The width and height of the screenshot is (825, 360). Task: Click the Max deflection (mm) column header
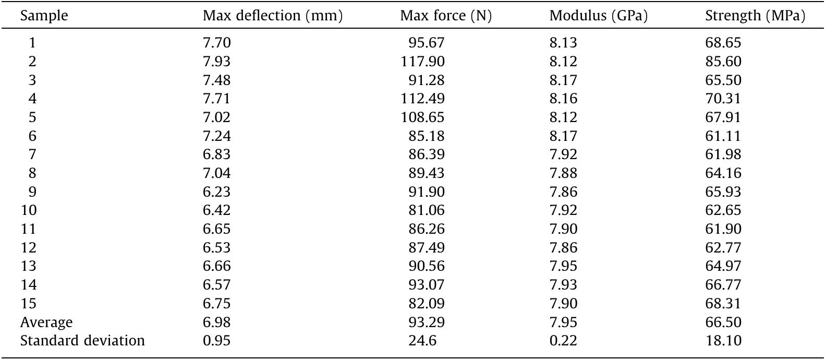[272, 16]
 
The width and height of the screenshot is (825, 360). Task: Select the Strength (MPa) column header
[755, 16]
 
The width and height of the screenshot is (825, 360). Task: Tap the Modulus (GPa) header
[598, 16]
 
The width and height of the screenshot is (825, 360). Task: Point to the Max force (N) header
[446, 16]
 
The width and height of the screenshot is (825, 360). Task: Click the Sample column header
[44, 16]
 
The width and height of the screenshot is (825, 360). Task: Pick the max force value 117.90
[422, 62]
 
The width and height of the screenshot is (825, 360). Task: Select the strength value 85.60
[723, 62]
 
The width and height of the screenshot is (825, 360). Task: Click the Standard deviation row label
[82, 341]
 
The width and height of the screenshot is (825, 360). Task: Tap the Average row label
[46, 322]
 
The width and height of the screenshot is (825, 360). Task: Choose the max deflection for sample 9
[216, 192]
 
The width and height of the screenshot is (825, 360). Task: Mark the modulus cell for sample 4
[563, 99]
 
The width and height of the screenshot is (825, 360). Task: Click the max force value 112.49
[422, 99]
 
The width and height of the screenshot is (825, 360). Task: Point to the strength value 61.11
[723, 136]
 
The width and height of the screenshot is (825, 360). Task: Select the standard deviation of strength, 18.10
[723, 341]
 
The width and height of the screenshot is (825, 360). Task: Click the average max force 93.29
[427, 322]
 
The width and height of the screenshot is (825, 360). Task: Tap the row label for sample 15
[28, 304]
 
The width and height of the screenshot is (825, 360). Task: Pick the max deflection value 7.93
[216, 62]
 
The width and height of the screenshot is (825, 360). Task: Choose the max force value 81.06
[427, 210]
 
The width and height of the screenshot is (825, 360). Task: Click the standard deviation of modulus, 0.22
[563, 341]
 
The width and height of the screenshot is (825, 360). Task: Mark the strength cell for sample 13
[723, 266]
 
